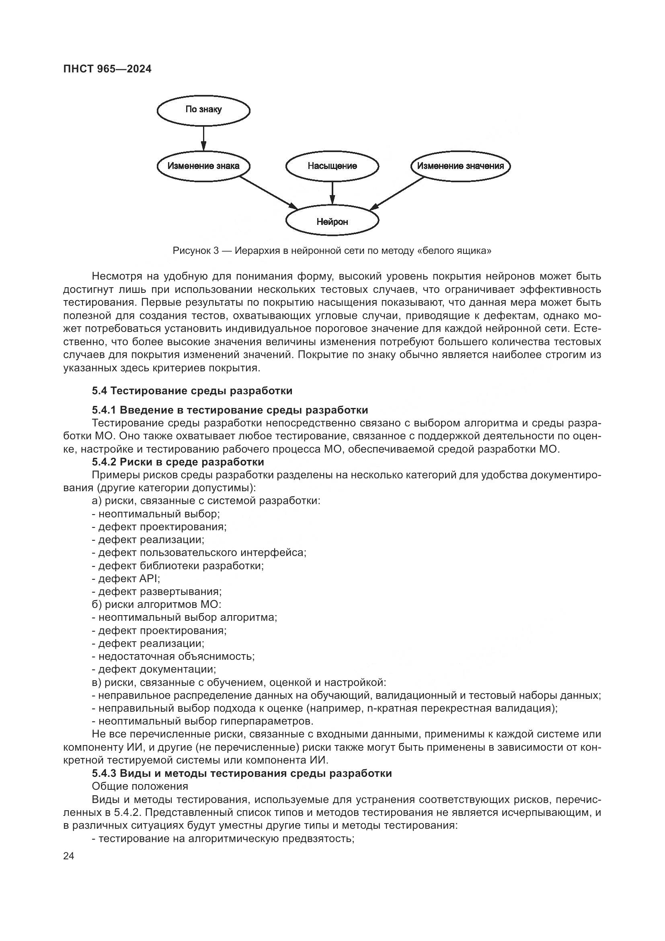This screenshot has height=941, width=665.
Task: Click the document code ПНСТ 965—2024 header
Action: [107, 69]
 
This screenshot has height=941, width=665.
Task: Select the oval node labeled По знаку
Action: [203, 109]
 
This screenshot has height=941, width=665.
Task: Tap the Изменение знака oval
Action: [203, 166]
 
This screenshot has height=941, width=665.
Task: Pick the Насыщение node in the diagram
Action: [332, 166]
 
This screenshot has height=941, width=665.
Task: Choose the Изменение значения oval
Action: [460, 166]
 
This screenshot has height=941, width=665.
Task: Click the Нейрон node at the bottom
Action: [332, 222]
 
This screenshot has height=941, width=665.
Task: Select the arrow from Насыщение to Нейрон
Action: [332, 193]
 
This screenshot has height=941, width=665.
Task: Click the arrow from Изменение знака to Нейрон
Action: [269, 193]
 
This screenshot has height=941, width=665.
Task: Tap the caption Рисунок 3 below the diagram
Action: [332, 251]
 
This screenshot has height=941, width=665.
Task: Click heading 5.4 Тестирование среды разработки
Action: [192, 391]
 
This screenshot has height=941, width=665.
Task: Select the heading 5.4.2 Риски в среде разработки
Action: [178, 462]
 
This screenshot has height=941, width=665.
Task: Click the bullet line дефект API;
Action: [126, 579]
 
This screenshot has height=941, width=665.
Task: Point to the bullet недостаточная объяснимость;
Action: [173, 656]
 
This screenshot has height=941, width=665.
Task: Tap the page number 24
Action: [69, 856]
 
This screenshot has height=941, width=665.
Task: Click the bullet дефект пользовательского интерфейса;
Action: [199, 552]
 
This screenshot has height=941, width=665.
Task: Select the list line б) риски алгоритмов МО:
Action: [156, 604]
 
